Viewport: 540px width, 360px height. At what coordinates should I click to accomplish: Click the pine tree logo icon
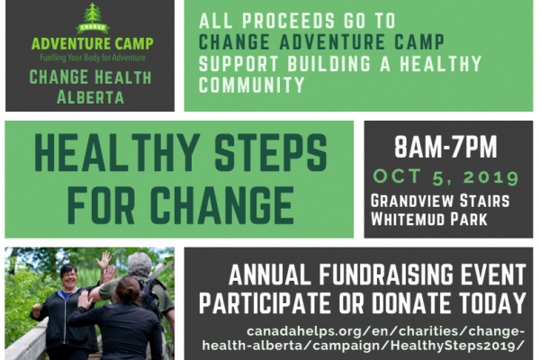tap(93, 18)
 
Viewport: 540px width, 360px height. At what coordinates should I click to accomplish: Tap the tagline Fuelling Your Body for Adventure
tap(93, 58)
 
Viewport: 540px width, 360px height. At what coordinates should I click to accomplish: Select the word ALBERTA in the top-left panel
tap(91, 97)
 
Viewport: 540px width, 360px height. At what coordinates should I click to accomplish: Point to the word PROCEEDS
tap(289, 21)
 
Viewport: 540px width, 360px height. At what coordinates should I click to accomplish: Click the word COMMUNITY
tap(252, 85)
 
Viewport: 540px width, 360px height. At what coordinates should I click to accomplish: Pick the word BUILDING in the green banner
tap(329, 64)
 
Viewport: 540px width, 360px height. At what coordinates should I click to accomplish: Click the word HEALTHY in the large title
tap(117, 153)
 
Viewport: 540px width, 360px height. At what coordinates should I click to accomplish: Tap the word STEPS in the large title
tap(271, 153)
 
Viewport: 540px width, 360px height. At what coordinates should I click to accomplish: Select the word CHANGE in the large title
tap(221, 206)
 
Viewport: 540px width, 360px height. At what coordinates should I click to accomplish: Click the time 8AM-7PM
tap(446, 147)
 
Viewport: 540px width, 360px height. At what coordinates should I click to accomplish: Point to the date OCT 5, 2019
tap(446, 177)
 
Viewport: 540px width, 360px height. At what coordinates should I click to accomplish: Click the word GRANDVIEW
tap(411, 201)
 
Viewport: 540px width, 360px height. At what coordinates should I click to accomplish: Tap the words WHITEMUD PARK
tap(429, 220)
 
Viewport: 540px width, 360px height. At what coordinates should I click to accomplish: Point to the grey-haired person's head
tap(139, 265)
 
